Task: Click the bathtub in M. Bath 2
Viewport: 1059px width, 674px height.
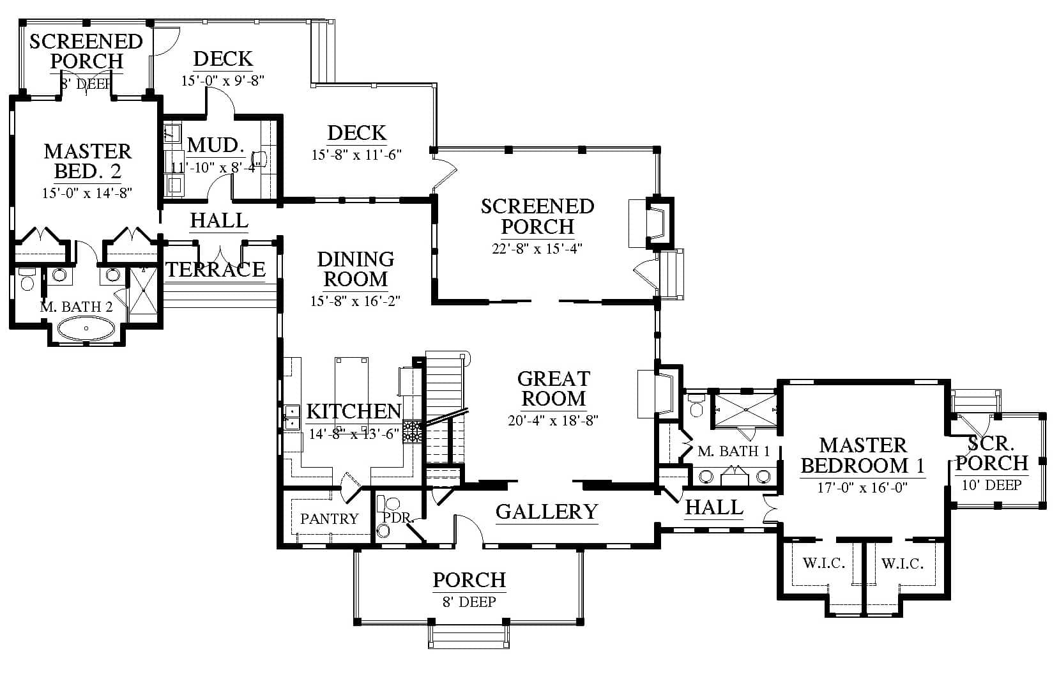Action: (86, 328)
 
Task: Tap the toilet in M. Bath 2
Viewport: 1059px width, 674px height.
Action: (27, 280)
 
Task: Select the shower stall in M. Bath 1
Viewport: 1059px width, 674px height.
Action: (745, 410)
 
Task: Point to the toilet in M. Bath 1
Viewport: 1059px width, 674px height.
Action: (696, 405)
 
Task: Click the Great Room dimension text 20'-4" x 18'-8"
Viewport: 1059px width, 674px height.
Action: (553, 420)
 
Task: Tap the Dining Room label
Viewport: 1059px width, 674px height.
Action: (356, 269)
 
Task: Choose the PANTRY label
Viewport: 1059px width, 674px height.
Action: (330, 519)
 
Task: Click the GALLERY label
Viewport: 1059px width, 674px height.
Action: (547, 512)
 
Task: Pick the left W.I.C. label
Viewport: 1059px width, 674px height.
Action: (823, 563)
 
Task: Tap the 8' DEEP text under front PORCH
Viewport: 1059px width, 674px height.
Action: (469, 602)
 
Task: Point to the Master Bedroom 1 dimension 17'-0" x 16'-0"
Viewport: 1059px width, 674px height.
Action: (862, 487)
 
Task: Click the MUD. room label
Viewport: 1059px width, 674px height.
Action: (216, 145)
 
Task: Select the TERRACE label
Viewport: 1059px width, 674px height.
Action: (216, 270)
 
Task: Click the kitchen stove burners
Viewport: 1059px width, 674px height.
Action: (412, 431)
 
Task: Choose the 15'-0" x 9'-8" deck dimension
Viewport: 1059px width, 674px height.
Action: (223, 80)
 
